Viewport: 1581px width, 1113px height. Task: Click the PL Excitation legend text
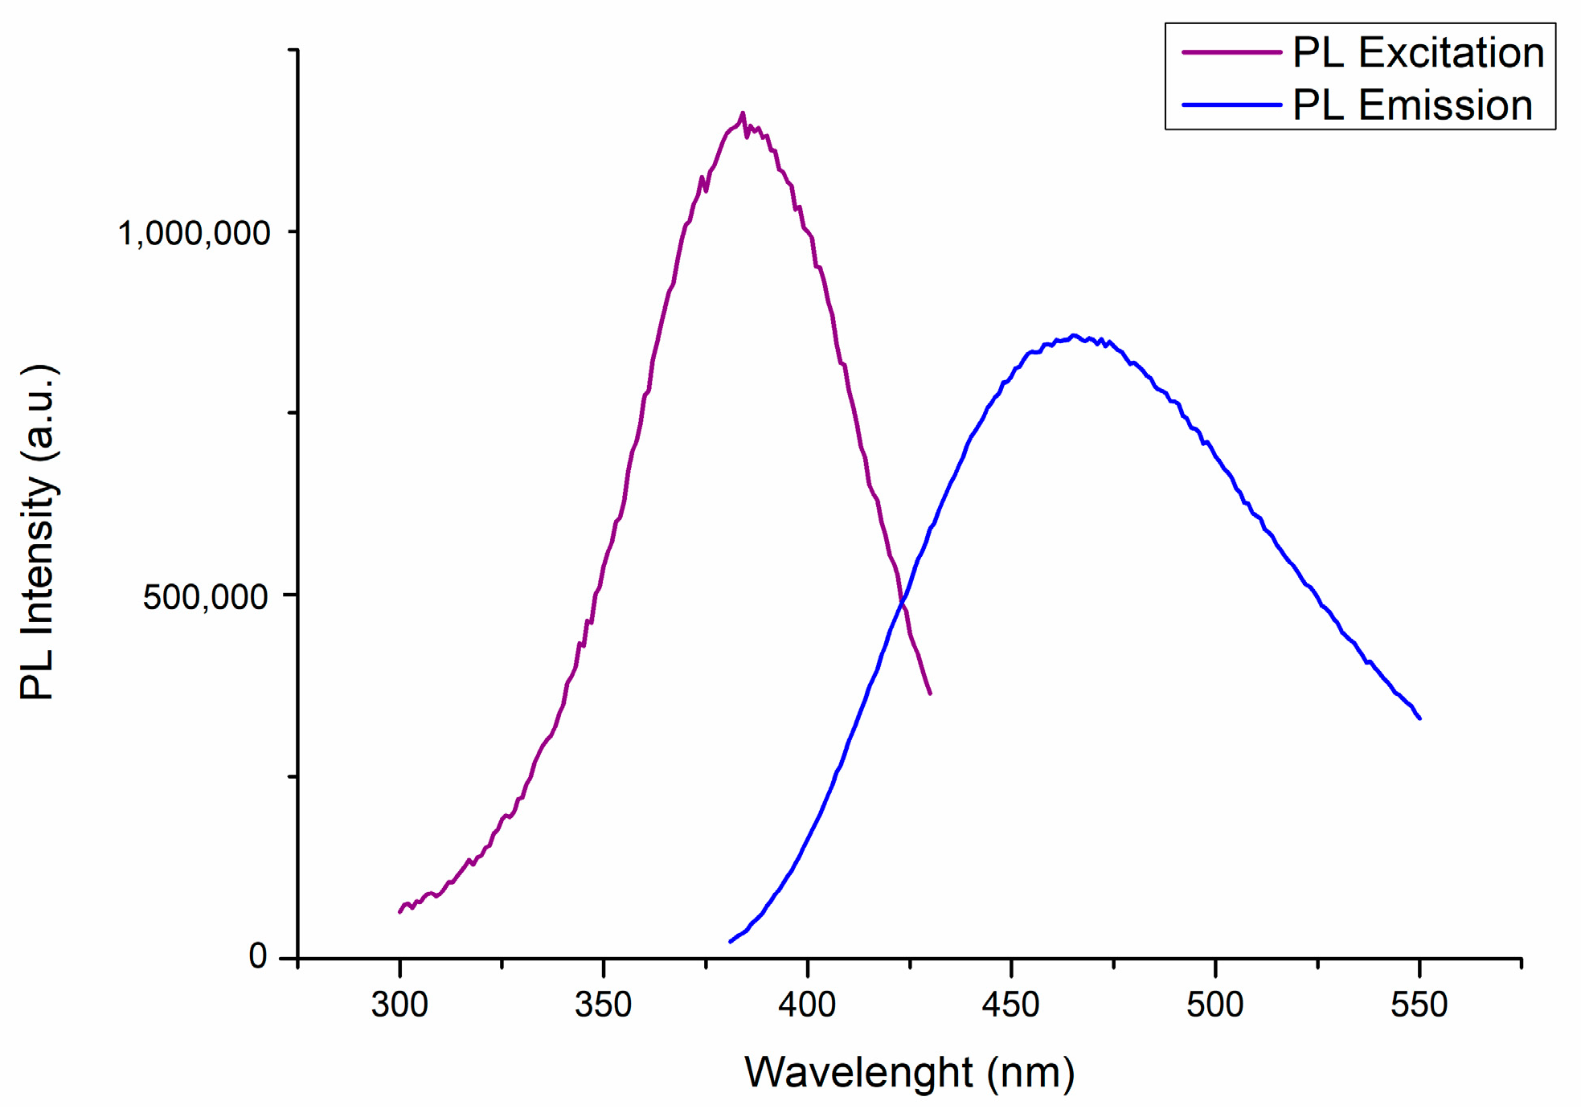1418,53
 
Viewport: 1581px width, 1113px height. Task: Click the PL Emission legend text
1412,106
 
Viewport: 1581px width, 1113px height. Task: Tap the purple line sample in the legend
1231,52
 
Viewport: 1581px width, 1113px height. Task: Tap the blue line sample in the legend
1231,105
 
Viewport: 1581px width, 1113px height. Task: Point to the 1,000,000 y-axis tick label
194,234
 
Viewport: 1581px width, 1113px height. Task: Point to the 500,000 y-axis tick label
205,597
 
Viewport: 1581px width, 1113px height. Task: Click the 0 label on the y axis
257,956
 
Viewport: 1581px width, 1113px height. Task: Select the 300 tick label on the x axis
399,1005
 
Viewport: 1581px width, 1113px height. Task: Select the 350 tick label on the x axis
603,1005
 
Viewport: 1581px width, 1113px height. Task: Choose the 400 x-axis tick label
807,1005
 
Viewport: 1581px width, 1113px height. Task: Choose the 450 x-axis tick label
1010,1005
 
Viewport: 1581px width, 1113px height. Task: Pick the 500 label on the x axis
1214,1005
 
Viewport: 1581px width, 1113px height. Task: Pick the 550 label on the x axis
1419,1005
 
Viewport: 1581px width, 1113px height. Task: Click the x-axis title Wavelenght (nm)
909,1073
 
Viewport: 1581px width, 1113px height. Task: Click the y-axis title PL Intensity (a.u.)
38,533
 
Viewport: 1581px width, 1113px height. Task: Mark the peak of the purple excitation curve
742,113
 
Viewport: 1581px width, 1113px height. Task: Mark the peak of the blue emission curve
1073,336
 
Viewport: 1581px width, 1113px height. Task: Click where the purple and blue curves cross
903,600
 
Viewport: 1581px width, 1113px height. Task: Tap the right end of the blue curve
1419,718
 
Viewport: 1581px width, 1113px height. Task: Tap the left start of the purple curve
400,911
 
